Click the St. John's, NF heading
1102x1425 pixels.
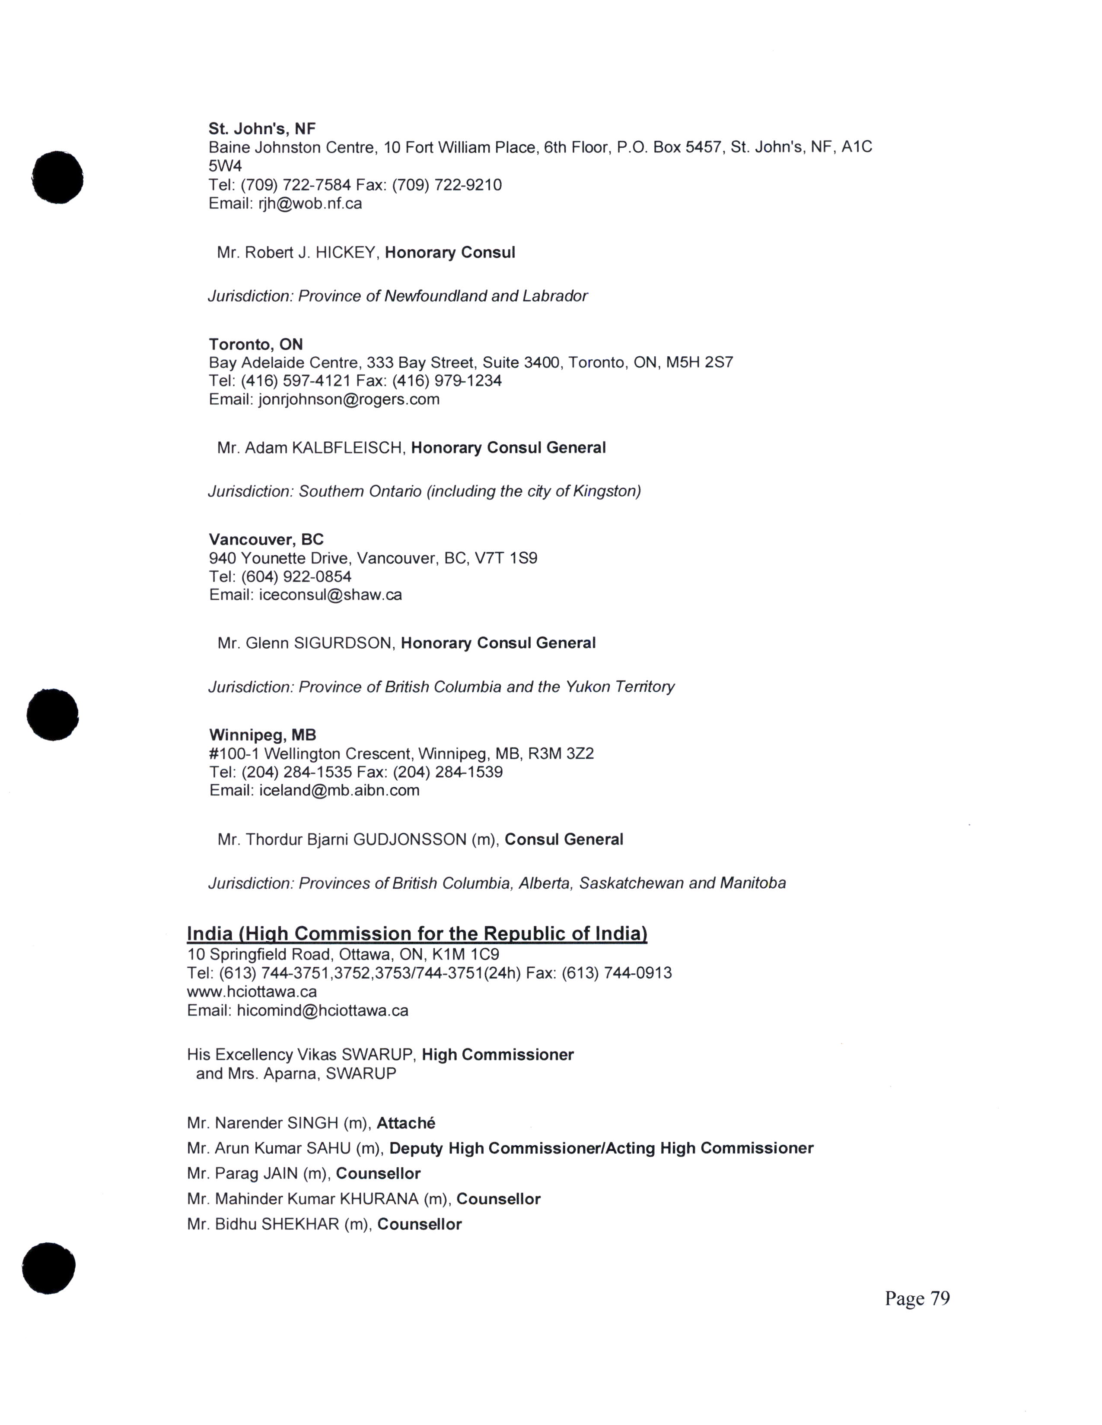tap(262, 129)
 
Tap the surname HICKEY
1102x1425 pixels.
tap(345, 253)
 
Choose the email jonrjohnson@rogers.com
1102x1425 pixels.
tap(349, 399)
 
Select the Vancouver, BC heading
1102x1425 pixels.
tap(266, 540)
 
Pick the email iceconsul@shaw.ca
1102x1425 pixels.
tap(330, 595)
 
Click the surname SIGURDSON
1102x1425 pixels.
tap(344, 643)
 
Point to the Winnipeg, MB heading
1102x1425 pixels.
tap(262, 735)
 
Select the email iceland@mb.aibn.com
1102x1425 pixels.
tap(339, 791)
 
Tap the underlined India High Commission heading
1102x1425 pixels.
tap(417, 934)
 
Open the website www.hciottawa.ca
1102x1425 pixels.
tap(252, 992)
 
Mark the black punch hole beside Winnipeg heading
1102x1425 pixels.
tap(52, 715)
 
